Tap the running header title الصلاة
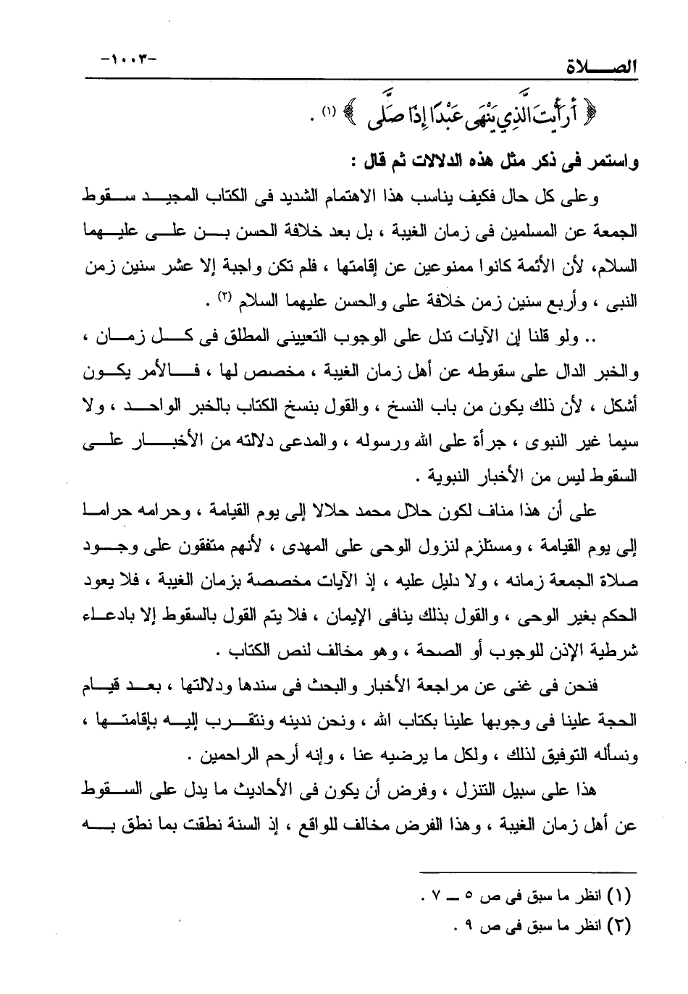pyautogui.click(x=600, y=70)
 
